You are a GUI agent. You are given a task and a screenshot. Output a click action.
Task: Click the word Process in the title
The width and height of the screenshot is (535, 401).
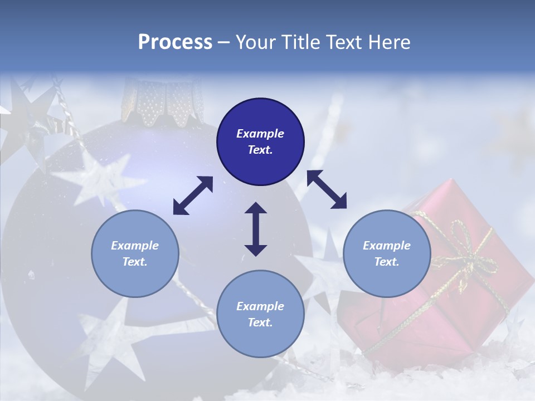[x=175, y=42]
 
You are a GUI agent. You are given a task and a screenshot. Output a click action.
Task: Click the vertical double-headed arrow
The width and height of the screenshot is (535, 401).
[x=256, y=229]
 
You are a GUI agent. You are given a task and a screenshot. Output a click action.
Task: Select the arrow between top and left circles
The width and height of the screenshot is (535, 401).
[x=193, y=195]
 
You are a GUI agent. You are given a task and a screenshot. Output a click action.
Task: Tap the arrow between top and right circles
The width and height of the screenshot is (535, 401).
[x=327, y=189]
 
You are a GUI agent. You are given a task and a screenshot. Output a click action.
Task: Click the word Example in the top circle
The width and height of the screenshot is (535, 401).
[x=260, y=134]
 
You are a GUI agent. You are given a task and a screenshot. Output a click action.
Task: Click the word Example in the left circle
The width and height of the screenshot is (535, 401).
[x=135, y=246]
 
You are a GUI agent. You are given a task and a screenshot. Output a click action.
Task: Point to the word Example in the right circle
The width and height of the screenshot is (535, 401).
[x=387, y=246]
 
